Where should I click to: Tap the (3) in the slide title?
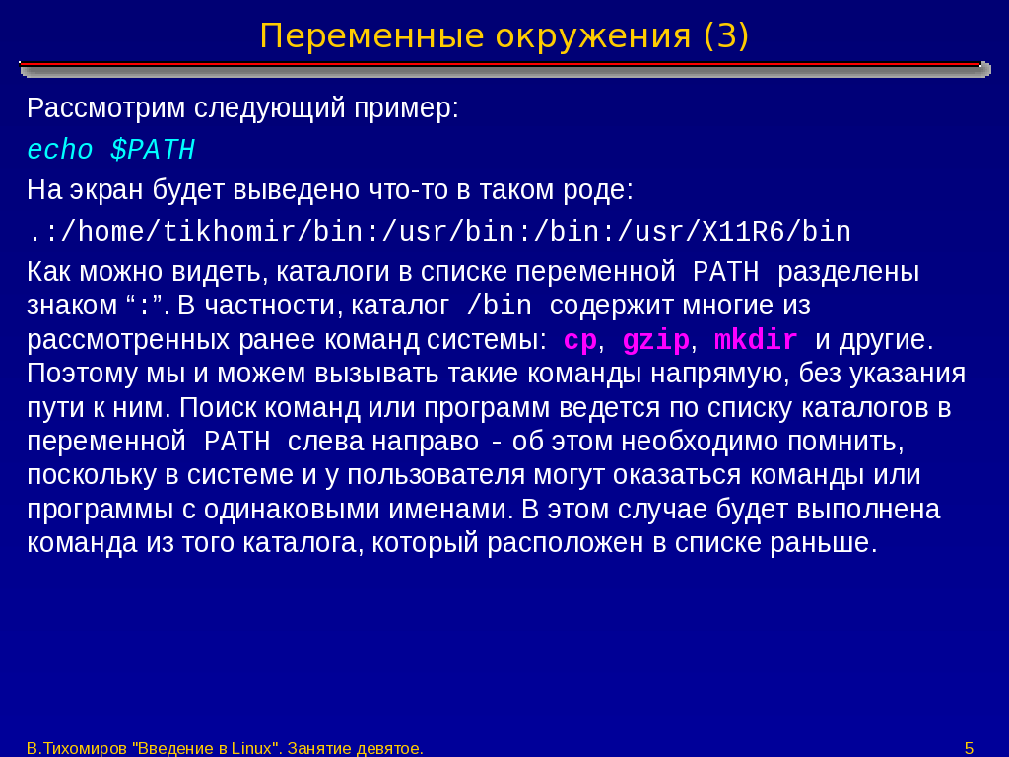click(726, 36)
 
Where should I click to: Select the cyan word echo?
click(60, 150)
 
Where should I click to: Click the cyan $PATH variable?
click(153, 150)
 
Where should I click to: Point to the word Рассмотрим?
click(106, 108)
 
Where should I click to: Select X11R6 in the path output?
click(743, 232)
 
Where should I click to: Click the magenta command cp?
click(579, 340)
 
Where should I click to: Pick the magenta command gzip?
click(655, 340)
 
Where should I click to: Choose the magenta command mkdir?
click(756, 339)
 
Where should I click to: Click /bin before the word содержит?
click(499, 306)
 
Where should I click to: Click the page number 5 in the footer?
click(969, 749)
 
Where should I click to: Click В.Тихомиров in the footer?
click(77, 749)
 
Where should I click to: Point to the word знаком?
click(71, 306)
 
